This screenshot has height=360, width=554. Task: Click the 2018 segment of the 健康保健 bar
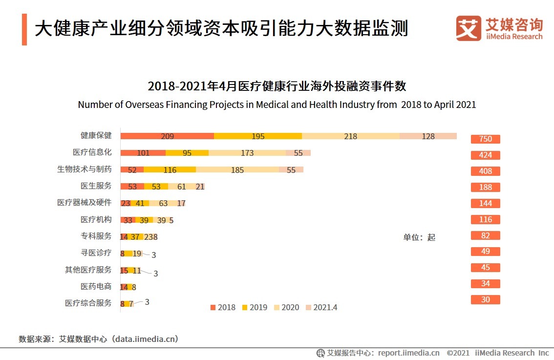[167, 136]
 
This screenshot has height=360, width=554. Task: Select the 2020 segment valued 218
[350, 136]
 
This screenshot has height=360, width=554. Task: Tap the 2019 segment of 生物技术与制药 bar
[170, 169]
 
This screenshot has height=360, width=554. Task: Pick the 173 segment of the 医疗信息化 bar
[247, 153]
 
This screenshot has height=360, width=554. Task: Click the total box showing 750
[485, 139]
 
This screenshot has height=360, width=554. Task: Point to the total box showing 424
[485, 155]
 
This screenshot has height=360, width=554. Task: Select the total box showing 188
[485, 188]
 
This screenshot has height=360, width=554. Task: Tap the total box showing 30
[485, 300]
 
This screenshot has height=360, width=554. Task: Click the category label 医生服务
[96, 186]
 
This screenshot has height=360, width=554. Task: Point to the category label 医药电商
[96, 286]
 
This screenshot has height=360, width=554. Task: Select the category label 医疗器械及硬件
[85, 202]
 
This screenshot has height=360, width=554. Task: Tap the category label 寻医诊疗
[96, 253]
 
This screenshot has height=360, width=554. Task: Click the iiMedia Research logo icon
[469, 28]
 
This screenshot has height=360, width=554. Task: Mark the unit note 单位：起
[419, 237]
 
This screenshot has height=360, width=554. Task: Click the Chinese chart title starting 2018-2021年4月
[277, 87]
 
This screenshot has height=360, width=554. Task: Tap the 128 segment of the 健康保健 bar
[428, 136]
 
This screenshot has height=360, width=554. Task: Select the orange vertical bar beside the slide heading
[24, 29]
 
